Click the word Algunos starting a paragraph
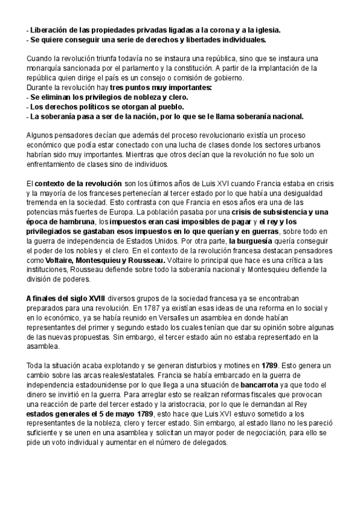tap(40, 135)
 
